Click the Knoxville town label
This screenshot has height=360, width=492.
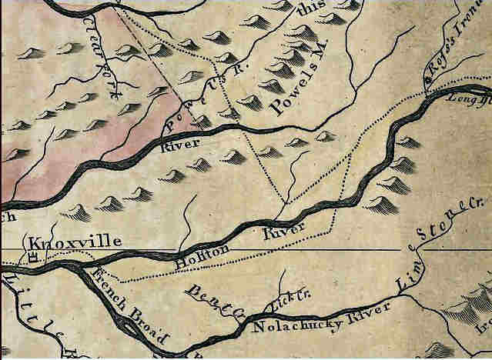tap(74, 242)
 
